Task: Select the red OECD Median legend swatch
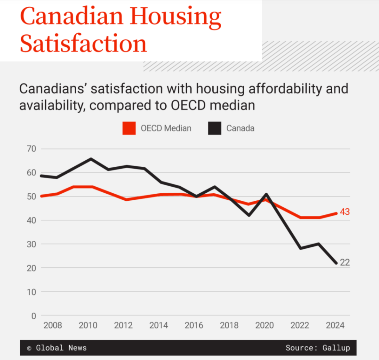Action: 129,128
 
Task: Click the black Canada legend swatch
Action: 214,128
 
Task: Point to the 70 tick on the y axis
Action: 31,149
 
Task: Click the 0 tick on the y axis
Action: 34,316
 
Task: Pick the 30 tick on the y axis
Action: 31,244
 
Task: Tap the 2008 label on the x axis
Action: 53,326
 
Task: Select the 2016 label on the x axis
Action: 194,326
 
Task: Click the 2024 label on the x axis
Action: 335,326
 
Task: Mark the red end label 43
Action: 345,212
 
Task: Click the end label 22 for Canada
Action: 345,262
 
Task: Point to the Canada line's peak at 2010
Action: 91,159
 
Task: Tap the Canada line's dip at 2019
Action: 249,215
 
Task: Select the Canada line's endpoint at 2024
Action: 336,263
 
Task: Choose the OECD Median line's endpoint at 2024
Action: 336,213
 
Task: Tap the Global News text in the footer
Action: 61,348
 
